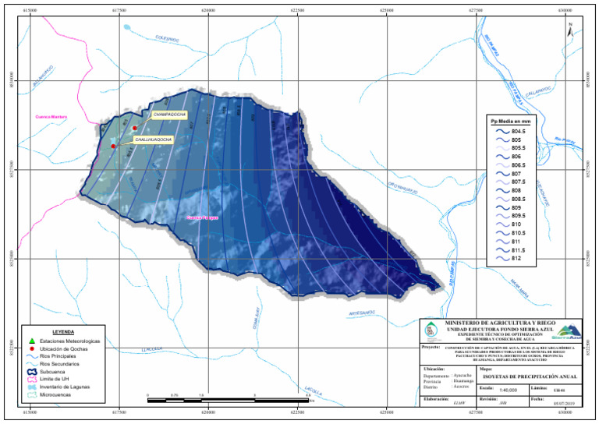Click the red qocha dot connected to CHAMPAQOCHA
point(134,128)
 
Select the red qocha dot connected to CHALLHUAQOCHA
point(113,146)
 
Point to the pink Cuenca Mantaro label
point(50,117)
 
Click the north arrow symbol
point(572,29)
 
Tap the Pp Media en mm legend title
point(510,122)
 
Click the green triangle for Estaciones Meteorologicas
point(30,341)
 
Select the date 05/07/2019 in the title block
point(562,404)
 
